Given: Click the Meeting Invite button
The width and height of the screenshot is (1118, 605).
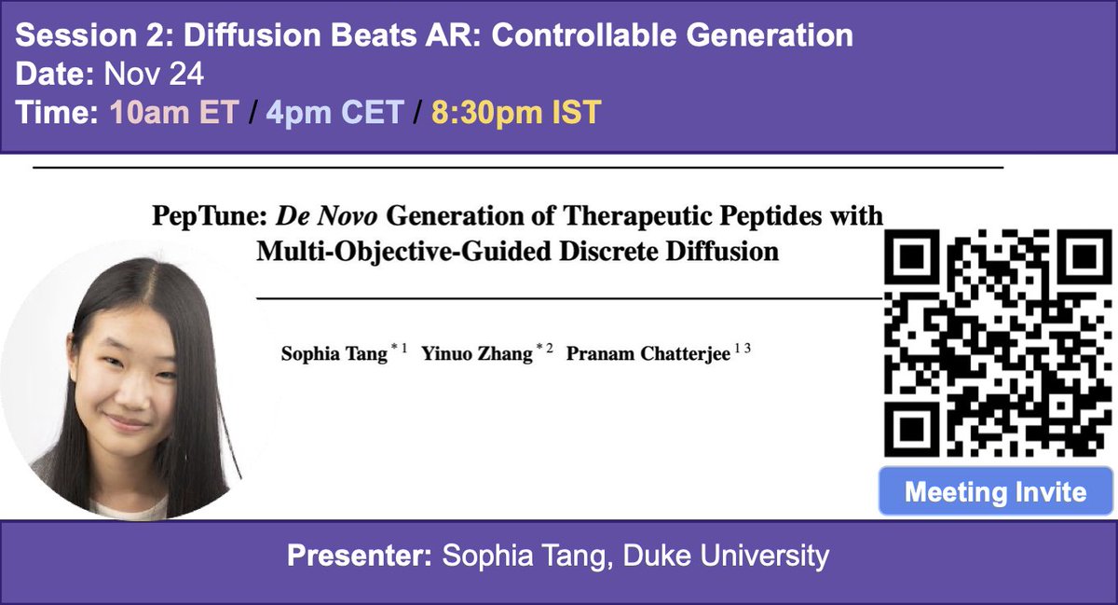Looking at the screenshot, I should coord(995,492).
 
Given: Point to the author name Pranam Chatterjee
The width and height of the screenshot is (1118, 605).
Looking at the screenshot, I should coord(647,354).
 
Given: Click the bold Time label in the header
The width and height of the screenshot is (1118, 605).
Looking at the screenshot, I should coord(59,113).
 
